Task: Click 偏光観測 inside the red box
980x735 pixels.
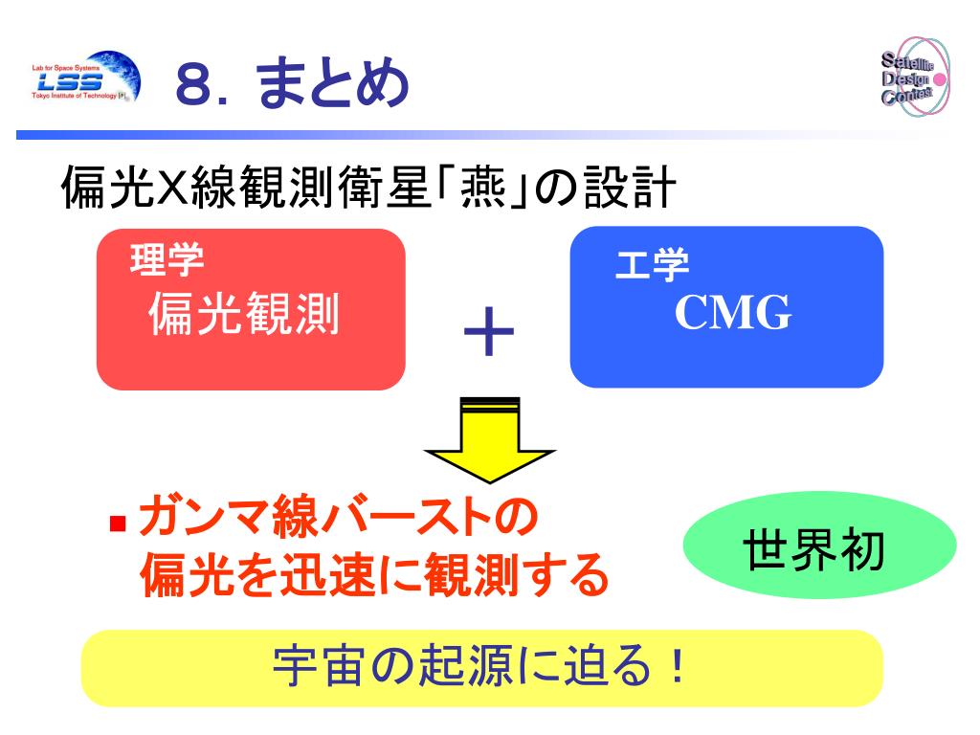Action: tap(244, 315)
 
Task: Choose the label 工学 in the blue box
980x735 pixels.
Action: tap(651, 266)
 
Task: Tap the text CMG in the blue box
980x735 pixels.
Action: tap(733, 313)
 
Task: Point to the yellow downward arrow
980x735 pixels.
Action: tap(490, 439)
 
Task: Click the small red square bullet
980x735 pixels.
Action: tap(119, 524)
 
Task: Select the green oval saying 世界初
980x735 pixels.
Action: tap(820, 552)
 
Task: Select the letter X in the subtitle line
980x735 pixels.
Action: tap(170, 188)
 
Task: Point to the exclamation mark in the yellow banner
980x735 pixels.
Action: tap(679, 667)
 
